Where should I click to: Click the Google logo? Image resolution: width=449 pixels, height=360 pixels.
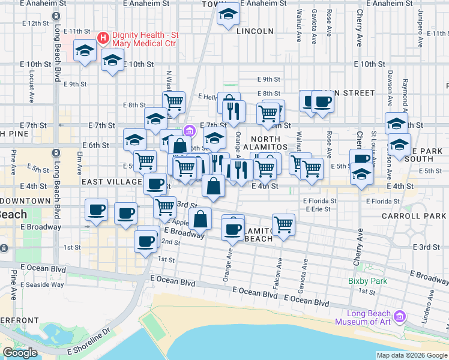[x=20, y=352]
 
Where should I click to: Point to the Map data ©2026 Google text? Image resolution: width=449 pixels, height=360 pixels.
[x=411, y=355]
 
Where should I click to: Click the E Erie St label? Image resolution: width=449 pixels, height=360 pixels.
[x=318, y=209]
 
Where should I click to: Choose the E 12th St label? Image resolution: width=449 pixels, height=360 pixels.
[x=34, y=23]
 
